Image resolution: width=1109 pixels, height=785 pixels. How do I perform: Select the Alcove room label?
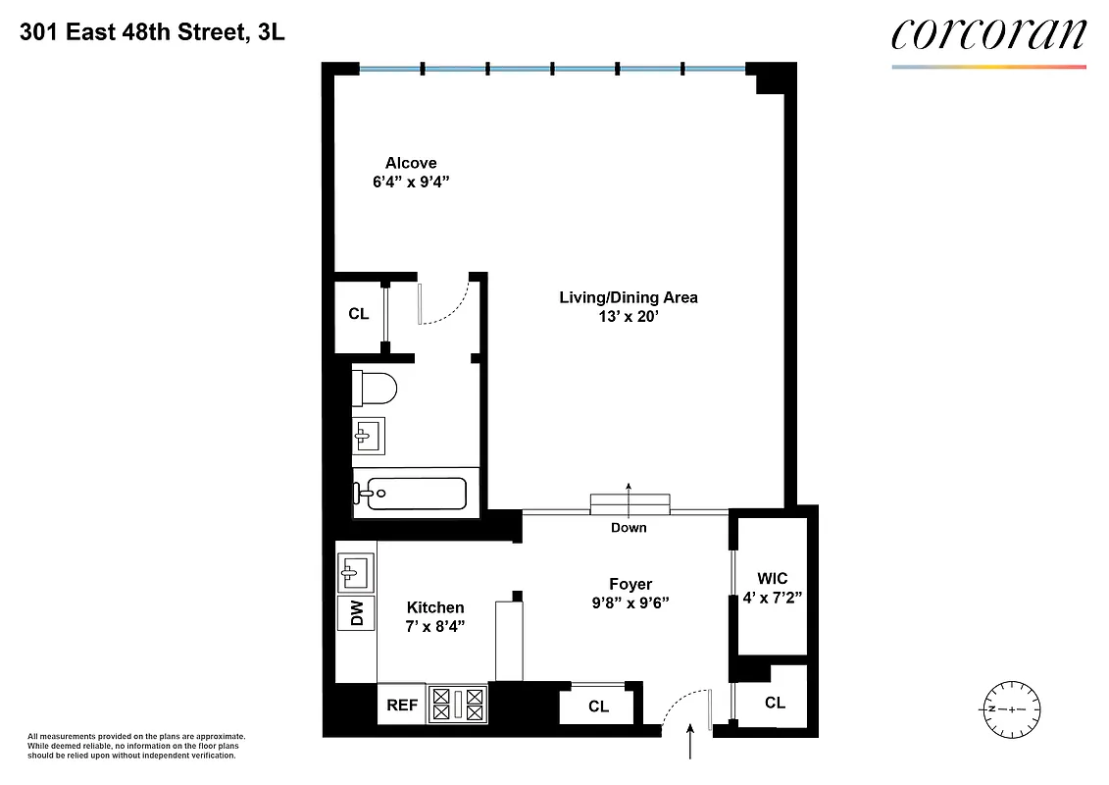pos(411,163)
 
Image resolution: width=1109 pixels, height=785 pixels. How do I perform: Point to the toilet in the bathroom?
pos(374,389)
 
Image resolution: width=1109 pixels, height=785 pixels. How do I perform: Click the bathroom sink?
pos(369,434)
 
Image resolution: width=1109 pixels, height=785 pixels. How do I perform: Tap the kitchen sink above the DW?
pos(355,570)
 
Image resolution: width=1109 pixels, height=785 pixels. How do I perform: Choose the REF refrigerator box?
pos(402,705)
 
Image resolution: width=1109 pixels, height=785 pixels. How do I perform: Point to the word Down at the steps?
pos(629,528)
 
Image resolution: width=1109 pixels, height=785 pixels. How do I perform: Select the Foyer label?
pos(629,585)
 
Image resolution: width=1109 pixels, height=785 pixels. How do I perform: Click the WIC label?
pos(773,579)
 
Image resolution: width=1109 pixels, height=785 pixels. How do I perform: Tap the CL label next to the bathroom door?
pos(359,315)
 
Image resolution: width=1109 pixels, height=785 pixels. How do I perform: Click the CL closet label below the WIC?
pos(775,703)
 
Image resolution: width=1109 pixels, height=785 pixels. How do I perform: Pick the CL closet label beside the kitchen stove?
pos(598,706)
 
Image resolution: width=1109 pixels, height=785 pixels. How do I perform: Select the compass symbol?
pos(1010,708)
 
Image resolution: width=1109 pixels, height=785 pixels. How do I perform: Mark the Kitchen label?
pos(435,608)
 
